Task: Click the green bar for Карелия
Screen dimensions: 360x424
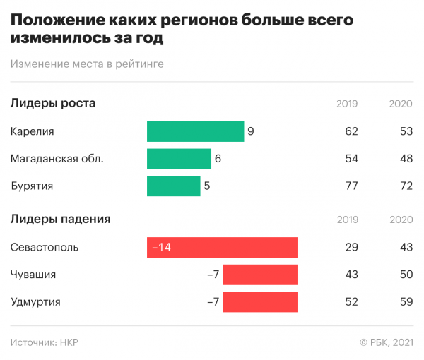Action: coord(196,132)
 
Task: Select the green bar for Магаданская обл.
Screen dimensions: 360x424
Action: coord(179,159)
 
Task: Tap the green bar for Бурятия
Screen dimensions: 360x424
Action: coord(173,186)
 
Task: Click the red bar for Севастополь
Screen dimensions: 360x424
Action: coord(222,248)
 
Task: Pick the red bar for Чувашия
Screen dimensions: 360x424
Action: coord(259,275)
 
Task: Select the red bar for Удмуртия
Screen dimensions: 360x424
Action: coord(259,302)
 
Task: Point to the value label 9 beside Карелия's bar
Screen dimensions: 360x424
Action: coord(251,132)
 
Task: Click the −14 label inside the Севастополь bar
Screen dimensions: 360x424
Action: coord(160,248)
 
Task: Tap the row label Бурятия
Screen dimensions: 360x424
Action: coord(33,186)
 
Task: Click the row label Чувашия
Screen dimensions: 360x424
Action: coord(33,275)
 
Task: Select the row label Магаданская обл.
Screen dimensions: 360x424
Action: coord(57,159)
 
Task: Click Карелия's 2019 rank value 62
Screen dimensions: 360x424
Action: coord(351,132)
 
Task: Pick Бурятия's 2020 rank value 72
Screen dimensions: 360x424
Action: coord(406,186)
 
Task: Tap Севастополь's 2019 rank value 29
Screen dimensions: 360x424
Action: coord(351,248)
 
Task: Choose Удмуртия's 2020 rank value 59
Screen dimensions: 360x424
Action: coord(406,302)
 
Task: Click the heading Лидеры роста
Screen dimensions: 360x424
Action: coord(53,104)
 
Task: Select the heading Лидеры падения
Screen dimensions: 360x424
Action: coord(61,219)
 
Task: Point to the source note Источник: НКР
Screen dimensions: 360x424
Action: coord(45,342)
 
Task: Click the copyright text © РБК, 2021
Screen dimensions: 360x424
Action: coord(386,342)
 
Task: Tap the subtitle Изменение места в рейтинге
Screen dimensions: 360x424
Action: coord(88,64)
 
